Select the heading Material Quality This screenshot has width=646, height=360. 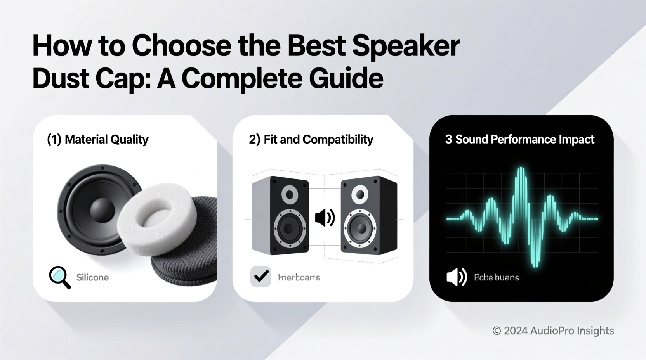point(106,139)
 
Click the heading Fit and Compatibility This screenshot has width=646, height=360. point(318,139)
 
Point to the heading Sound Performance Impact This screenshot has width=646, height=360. point(524,139)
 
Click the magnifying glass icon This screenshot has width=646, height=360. point(59,277)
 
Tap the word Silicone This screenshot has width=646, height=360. point(92,277)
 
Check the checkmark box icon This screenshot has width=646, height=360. point(260,276)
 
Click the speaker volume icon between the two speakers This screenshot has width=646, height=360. point(325,218)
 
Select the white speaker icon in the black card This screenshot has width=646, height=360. point(456,277)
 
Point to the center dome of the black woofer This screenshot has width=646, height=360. point(102,210)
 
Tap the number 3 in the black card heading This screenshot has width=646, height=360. point(448,139)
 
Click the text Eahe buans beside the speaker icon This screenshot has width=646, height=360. point(496,277)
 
